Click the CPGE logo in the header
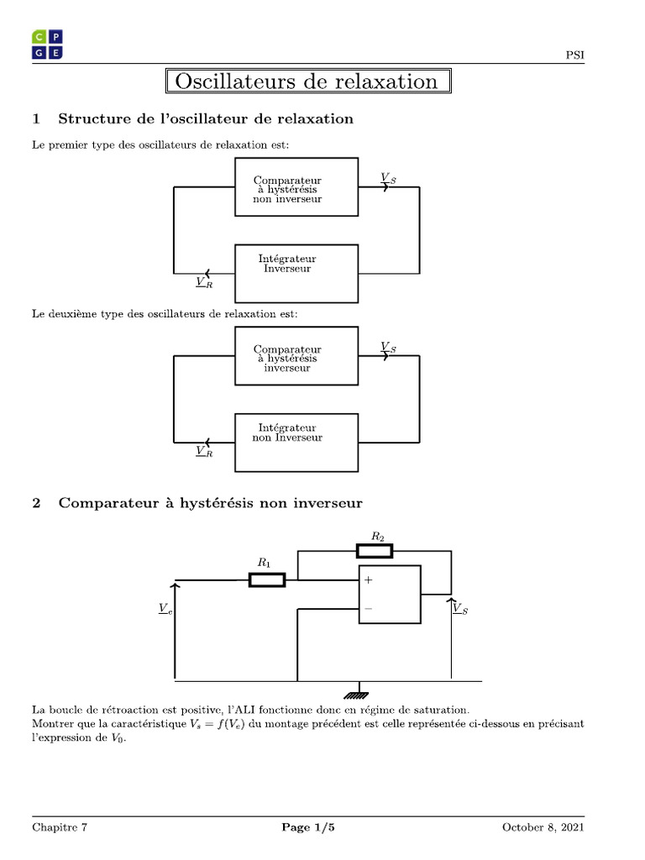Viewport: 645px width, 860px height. coord(47,45)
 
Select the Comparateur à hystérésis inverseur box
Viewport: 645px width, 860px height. coord(296,356)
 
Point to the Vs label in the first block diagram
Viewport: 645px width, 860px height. coord(388,178)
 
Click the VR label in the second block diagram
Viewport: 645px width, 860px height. coord(204,451)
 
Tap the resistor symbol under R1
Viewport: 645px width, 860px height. coord(267,579)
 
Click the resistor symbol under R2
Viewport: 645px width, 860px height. coord(374,551)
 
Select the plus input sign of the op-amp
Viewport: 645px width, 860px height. coord(369,580)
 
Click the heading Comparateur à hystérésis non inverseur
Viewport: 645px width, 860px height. coord(210,504)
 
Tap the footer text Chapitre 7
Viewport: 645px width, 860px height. coord(60,828)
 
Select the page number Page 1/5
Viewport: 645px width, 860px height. coord(308,828)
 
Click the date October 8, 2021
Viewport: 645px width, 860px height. coord(543,828)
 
